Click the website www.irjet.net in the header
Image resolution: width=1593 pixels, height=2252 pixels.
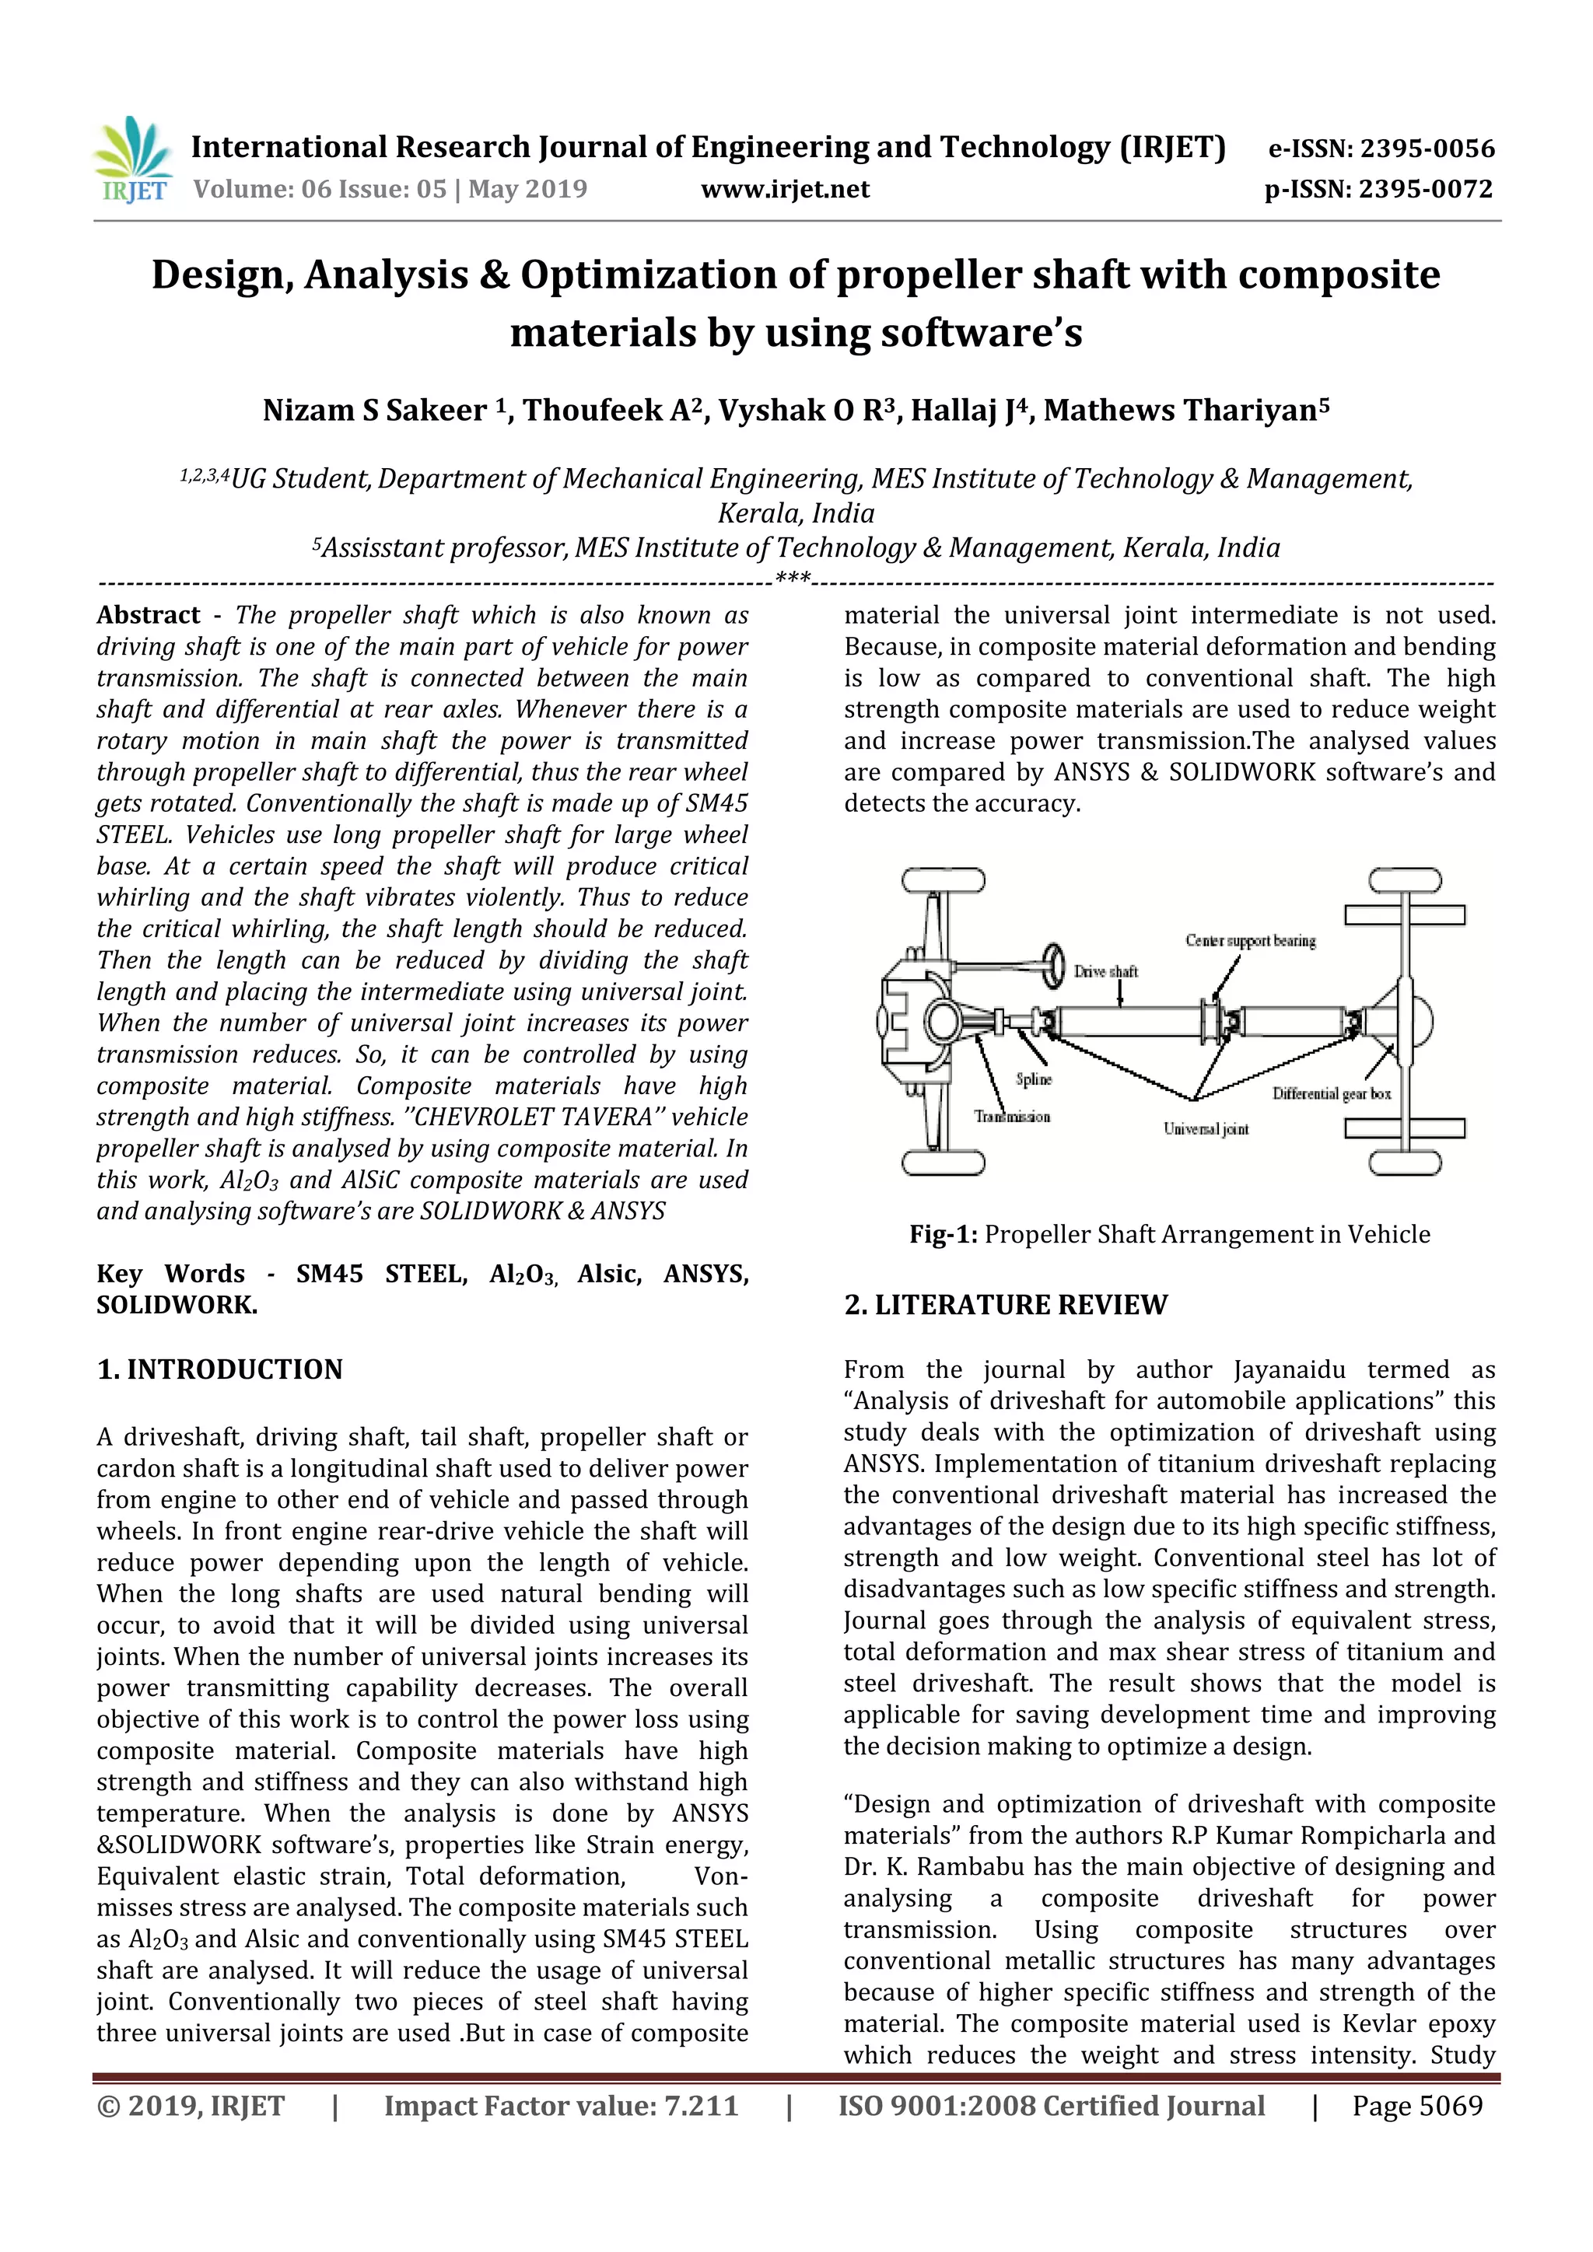click(x=785, y=189)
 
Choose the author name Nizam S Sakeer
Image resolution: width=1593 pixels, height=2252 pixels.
click(x=373, y=410)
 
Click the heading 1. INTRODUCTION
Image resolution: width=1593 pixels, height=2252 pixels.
click(x=219, y=1369)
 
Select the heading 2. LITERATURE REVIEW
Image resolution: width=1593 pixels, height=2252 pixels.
click(x=1006, y=1305)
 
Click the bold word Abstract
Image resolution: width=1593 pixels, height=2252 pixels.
click(x=148, y=615)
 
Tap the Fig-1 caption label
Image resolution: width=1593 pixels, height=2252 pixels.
click(x=943, y=1234)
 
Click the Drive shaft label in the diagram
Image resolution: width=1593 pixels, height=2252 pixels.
click(x=1105, y=972)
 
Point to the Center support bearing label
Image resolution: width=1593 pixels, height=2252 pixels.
click(x=1250, y=941)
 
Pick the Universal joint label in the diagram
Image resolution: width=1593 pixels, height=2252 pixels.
click(x=1206, y=1129)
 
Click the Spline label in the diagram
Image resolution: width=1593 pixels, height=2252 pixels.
click(x=1034, y=1079)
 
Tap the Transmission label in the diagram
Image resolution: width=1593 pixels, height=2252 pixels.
click(x=1011, y=1116)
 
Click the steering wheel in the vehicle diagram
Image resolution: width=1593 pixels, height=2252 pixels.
click(x=1056, y=966)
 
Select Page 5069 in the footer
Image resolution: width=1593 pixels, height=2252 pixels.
click(x=1416, y=2106)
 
